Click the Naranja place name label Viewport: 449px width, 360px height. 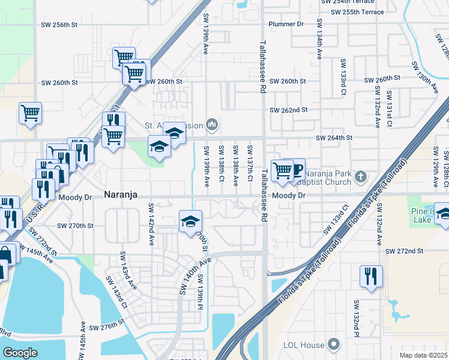(x=122, y=195)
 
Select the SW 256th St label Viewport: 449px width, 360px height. (x=59, y=25)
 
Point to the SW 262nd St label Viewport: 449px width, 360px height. (x=288, y=110)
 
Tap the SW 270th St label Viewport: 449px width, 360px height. (x=75, y=226)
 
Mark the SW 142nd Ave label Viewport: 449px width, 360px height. (x=151, y=224)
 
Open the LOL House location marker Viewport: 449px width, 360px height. (x=334, y=344)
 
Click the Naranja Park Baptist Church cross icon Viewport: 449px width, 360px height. (x=360, y=176)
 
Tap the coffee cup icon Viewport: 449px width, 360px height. (x=297, y=169)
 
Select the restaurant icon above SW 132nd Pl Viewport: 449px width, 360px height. (x=370, y=276)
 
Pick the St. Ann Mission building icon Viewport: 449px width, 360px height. (x=211, y=125)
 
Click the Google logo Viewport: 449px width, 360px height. (x=20, y=353)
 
